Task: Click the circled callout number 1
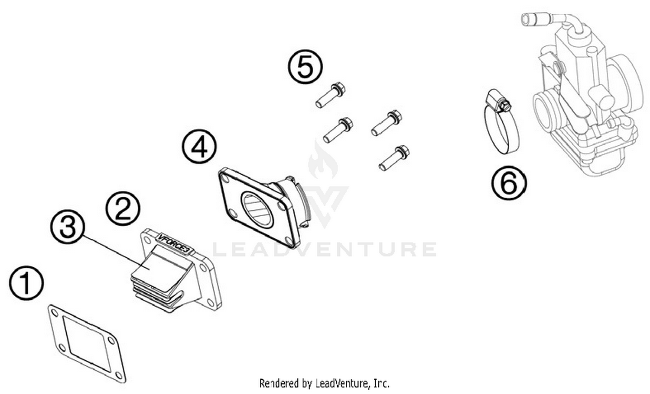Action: [x=26, y=283]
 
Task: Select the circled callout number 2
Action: [x=123, y=209]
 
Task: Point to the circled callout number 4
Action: [x=199, y=147]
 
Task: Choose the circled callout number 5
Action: [x=305, y=67]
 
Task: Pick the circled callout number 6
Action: [x=509, y=183]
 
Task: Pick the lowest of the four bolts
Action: [x=394, y=158]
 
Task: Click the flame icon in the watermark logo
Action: [x=322, y=162]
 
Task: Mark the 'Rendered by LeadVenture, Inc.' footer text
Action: [x=324, y=383]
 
